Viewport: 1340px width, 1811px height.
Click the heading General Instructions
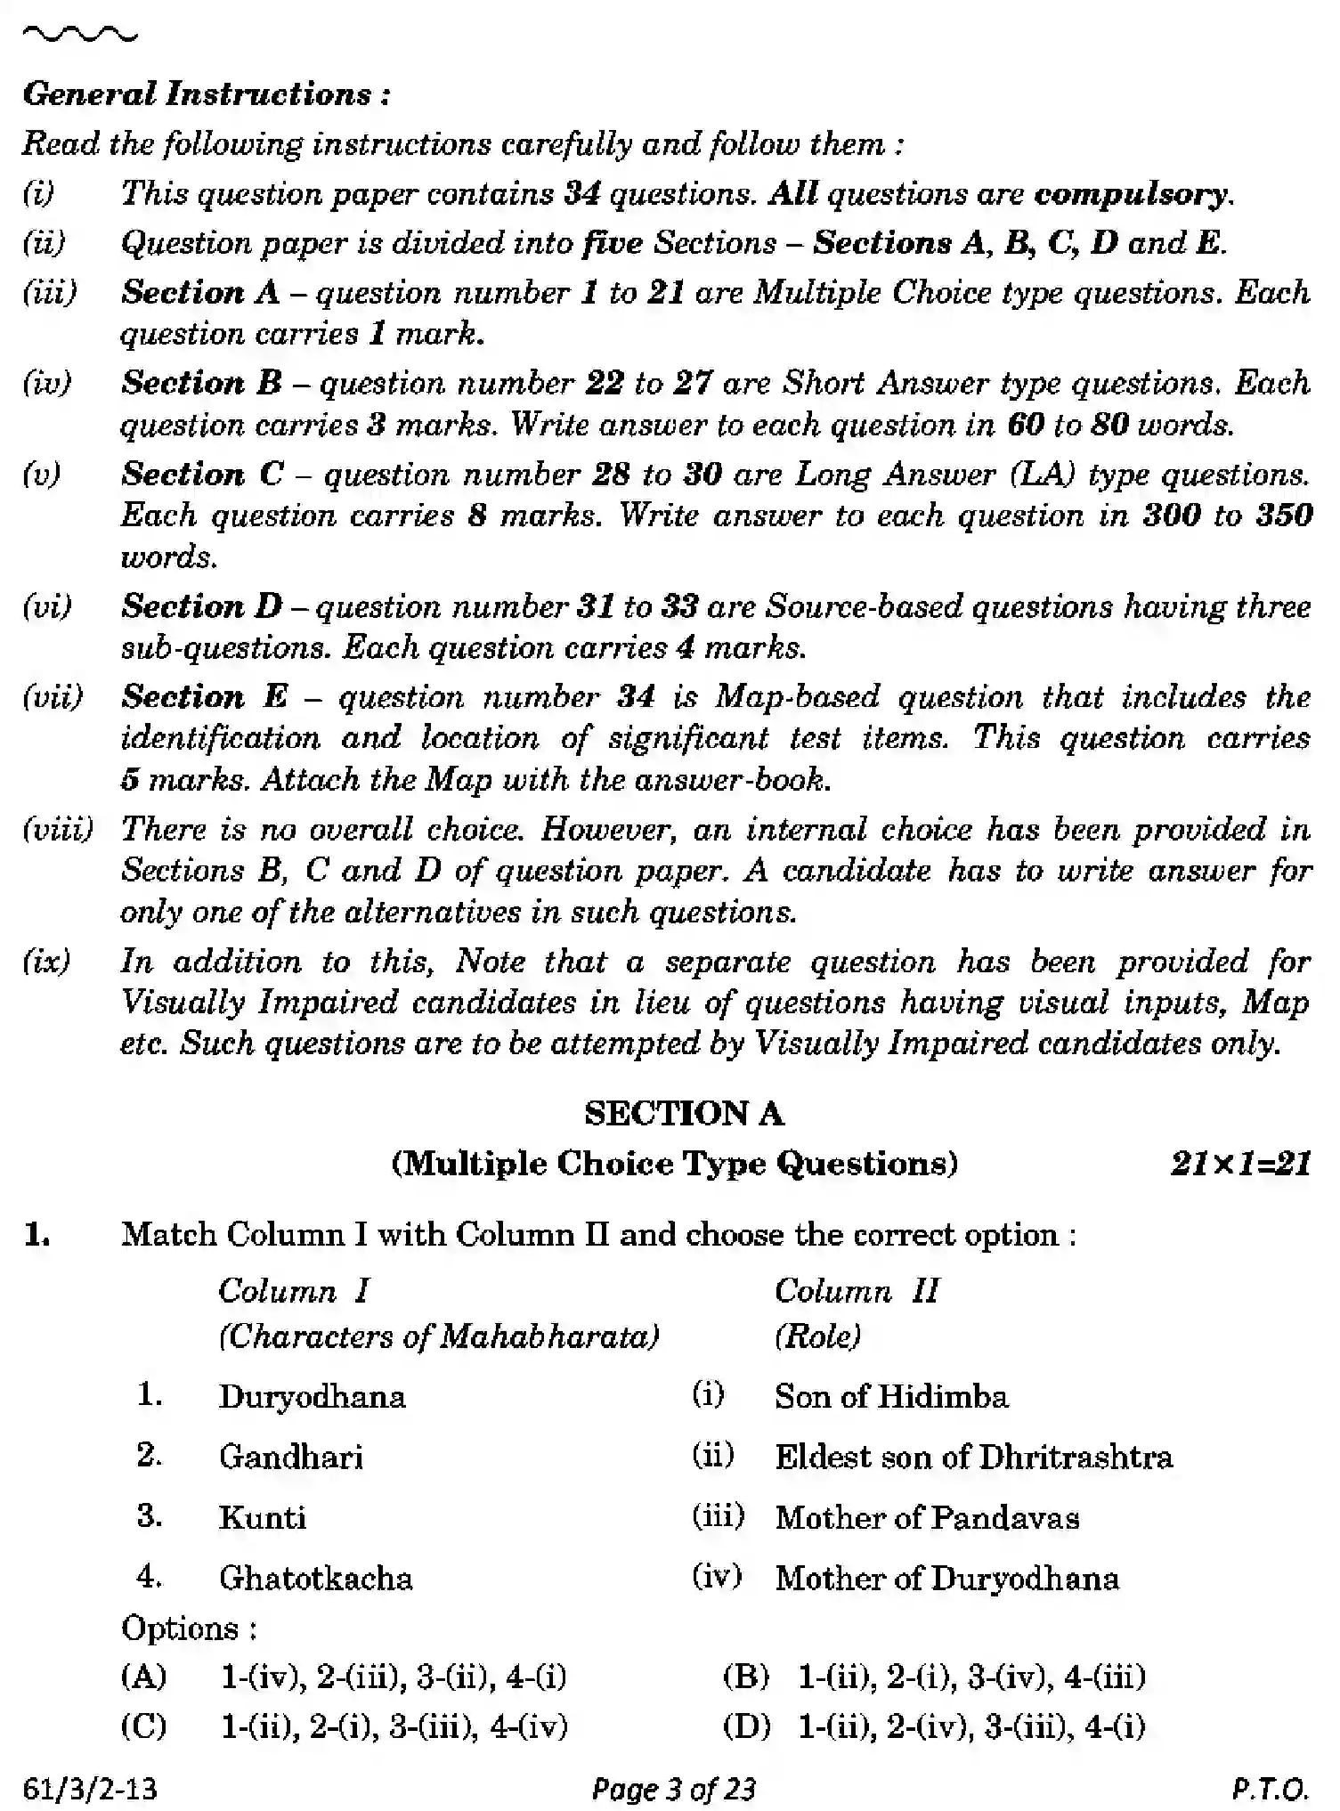click(x=206, y=94)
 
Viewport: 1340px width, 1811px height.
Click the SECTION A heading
click(x=684, y=1113)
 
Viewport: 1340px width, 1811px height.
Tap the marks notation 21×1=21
click(x=1240, y=1164)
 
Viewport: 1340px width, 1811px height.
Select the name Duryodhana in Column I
click(x=312, y=1396)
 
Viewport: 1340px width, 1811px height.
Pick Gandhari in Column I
click(x=291, y=1457)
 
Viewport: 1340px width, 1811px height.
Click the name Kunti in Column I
click(x=263, y=1517)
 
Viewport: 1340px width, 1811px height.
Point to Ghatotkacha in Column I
click(x=316, y=1578)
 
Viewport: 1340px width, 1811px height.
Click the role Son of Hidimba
click(x=891, y=1396)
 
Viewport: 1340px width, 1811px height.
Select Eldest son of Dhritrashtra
click(x=973, y=1457)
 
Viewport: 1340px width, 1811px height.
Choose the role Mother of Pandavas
click(x=927, y=1517)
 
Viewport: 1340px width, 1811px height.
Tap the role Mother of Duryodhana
click(x=946, y=1578)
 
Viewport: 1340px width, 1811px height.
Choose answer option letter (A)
click(x=144, y=1677)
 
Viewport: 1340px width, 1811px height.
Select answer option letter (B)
click(x=746, y=1677)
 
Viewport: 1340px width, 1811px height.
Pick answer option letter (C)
click(x=144, y=1726)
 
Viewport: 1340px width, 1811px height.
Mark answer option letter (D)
click(x=746, y=1726)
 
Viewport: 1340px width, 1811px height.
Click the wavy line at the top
click(x=80, y=36)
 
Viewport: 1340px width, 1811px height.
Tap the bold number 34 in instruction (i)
click(x=582, y=193)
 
